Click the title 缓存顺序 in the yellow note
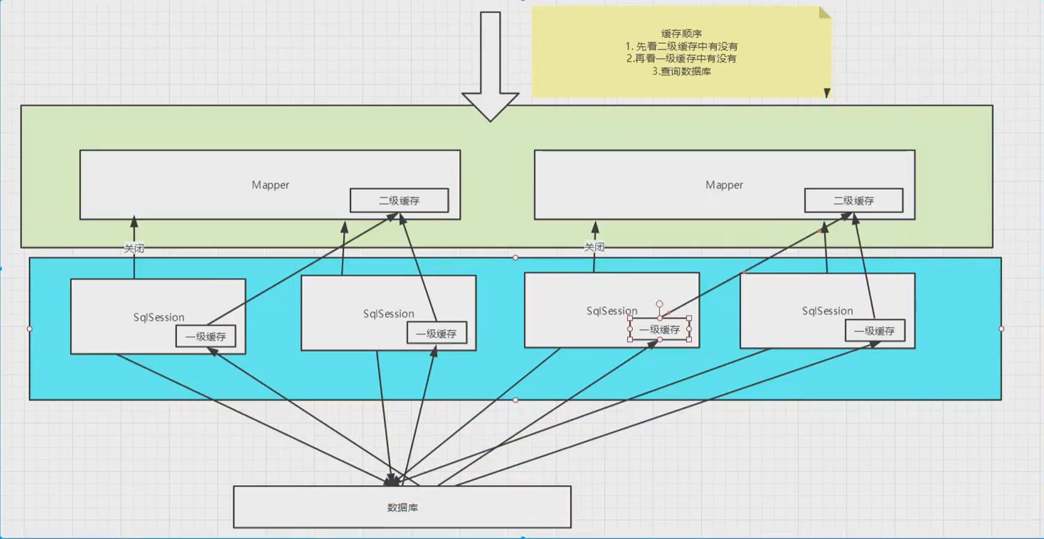tap(682, 34)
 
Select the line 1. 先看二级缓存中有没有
tap(682, 46)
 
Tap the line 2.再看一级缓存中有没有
tap(682, 59)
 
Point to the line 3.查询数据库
tap(682, 71)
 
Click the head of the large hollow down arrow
tap(490, 107)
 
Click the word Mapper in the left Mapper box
tap(270, 185)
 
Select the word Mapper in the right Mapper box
tap(724, 185)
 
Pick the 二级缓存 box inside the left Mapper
tap(400, 201)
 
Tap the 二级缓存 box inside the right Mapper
tap(854, 201)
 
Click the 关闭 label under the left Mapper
tap(134, 249)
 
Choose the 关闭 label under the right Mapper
tap(594, 247)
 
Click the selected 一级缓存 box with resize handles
tap(660, 329)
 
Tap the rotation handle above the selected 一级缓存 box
tap(660, 304)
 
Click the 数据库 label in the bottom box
tap(403, 507)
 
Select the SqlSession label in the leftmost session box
tap(159, 317)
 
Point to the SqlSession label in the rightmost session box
tap(827, 311)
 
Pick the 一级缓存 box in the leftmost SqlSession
tap(206, 336)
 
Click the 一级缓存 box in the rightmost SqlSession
tap(875, 331)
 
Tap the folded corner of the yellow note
tap(825, 13)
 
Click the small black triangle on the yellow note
tap(827, 93)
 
